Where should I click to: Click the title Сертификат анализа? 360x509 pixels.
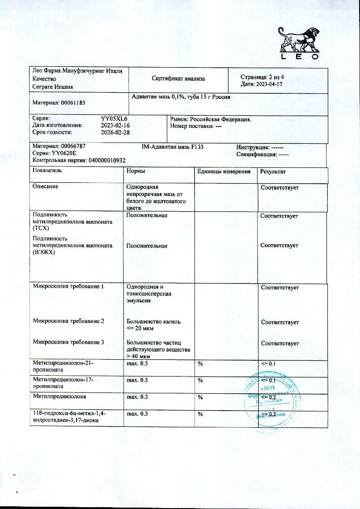coord(178,78)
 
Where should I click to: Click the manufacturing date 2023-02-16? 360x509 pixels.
coord(115,125)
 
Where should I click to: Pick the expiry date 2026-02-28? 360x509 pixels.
coord(115,132)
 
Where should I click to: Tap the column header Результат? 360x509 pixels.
coord(273,171)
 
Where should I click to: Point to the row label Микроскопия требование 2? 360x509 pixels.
coord(68,321)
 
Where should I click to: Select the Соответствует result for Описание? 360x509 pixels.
coord(279,187)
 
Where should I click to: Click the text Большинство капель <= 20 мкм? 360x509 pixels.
coord(154,324)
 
